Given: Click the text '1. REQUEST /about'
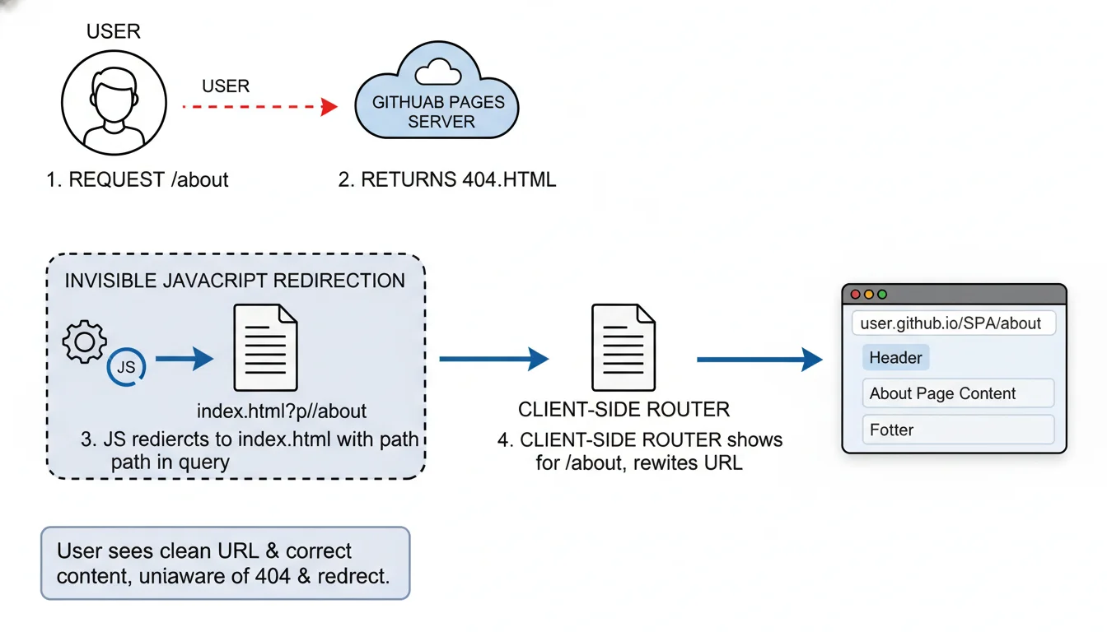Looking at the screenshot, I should coord(138,179).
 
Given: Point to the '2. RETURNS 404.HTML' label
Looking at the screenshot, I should coord(447,179).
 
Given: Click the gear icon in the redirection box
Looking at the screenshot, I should coord(85,342).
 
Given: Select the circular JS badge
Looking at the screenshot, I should coord(126,367).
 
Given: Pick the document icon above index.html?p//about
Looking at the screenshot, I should coord(265,347).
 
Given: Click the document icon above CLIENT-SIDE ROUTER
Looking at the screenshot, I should coord(624,347).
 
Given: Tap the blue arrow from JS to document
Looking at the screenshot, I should coord(184,359).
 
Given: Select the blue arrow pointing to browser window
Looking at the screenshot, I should coord(759,359).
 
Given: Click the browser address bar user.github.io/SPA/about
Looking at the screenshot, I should coord(953,323).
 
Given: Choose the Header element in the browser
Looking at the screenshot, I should coord(895,358).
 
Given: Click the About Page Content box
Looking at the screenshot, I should coord(958,393).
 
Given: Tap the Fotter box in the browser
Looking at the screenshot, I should coord(958,430).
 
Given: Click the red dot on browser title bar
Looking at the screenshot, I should coord(855,295).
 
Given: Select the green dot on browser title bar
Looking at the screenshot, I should coord(882,295).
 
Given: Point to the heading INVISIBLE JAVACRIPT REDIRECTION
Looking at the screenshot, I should coord(235,281).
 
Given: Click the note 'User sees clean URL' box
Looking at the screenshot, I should coord(225,563).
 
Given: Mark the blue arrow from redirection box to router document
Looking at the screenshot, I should coord(493,359).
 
